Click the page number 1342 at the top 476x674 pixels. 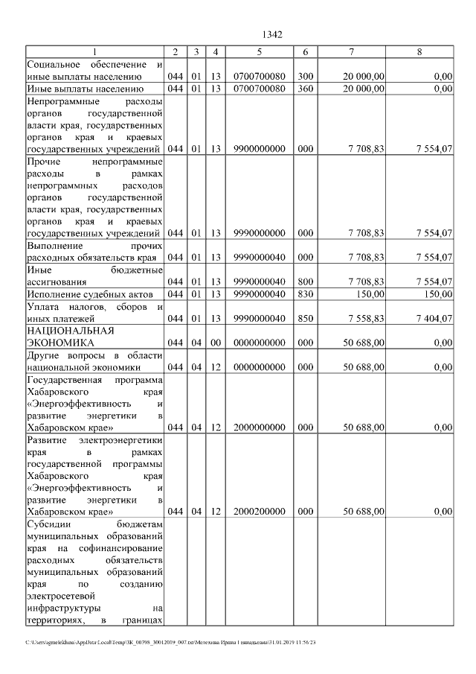(271, 34)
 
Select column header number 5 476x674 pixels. (259, 52)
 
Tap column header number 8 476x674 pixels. (419, 52)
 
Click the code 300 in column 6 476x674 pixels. (305, 76)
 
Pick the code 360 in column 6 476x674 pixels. (305, 89)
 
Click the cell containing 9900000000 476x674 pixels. (259, 149)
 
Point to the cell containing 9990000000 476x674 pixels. (259, 233)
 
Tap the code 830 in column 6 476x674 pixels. (305, 294)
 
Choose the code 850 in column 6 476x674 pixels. (305, 319)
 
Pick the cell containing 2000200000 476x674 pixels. (259, 512)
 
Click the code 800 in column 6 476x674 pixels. (305, 282)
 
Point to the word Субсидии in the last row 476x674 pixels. (47, 524)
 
